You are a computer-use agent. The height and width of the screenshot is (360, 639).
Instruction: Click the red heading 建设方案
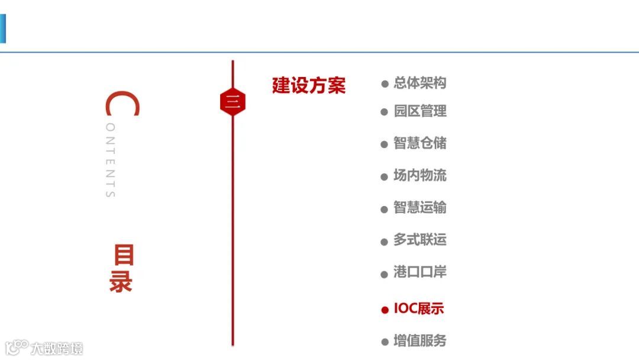308,85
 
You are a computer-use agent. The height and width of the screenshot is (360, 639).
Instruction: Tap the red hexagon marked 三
233,102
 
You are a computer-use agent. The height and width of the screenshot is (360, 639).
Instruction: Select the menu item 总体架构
419,83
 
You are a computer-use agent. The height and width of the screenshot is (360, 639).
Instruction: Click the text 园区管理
420,111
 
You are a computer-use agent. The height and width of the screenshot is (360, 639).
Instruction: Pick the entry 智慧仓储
420,143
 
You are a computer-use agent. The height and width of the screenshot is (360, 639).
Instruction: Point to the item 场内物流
420,175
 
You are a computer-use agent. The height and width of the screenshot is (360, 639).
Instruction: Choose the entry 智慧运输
420,208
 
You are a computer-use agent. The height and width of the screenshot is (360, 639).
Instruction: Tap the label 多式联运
420,240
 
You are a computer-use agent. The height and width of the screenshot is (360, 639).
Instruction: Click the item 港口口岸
420,272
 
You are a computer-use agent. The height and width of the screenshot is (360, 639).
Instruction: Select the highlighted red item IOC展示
418,308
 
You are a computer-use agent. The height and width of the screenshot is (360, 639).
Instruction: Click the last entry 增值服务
420,341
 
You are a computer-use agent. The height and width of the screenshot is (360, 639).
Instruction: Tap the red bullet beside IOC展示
385,310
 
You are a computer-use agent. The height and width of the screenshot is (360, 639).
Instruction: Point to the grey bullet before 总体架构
385,84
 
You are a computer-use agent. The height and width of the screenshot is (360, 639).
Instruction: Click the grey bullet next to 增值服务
385,342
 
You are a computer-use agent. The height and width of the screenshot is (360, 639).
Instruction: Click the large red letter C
122,105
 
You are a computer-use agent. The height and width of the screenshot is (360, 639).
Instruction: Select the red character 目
124,255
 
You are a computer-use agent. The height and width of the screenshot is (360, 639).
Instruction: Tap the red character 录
121,282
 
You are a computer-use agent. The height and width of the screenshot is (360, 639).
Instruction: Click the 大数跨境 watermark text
57,348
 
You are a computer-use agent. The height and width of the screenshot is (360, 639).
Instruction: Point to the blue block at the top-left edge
2,29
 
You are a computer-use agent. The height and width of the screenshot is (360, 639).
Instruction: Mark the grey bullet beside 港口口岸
385,274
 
